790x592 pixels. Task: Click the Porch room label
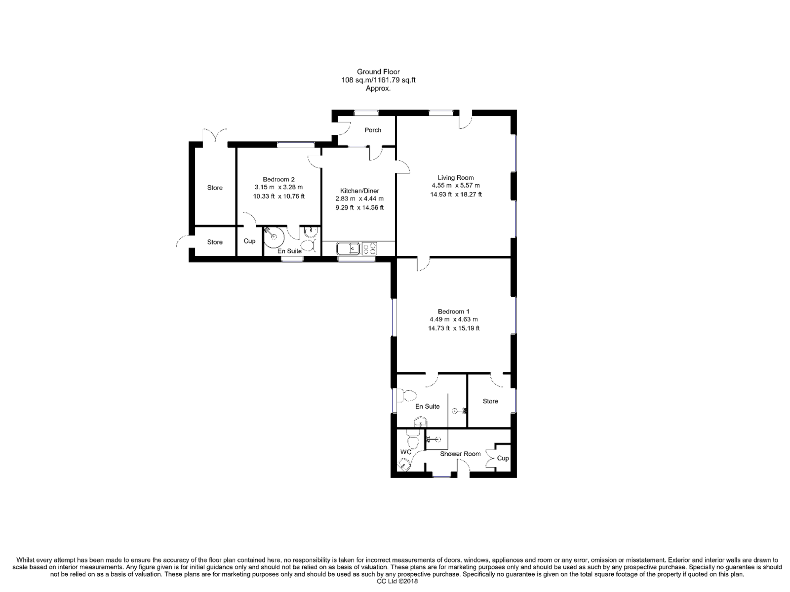click(x=372, y=130)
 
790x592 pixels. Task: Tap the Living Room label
click(x=455, y=177)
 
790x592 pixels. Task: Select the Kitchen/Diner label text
click(x=359, y=191)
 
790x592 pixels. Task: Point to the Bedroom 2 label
click(x=278, y=179)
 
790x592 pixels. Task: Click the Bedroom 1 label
click(x=453, y=311)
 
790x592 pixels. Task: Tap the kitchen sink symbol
click(x=348, y=248)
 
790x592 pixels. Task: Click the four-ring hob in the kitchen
click(x=369, y=248)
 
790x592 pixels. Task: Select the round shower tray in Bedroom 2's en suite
click(x=274, y=237)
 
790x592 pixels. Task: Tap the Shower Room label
click(x=460, y=454)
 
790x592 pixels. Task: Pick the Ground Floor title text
click(x=378, y=72)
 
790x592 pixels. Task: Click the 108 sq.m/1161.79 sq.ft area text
click(x=378, y=80)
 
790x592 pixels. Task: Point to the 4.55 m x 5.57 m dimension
click(x=456, y=186)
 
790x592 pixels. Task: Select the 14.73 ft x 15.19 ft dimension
click(x=453, y=328)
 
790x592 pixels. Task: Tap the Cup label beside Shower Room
click(x=503, y=458)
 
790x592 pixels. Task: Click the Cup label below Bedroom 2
click(x=249, y=241)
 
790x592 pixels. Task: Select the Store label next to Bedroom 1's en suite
click(x=490, y=401)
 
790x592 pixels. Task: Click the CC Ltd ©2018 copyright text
click(x=397, y=581)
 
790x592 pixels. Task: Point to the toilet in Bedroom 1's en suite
click(x=406, y=396)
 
